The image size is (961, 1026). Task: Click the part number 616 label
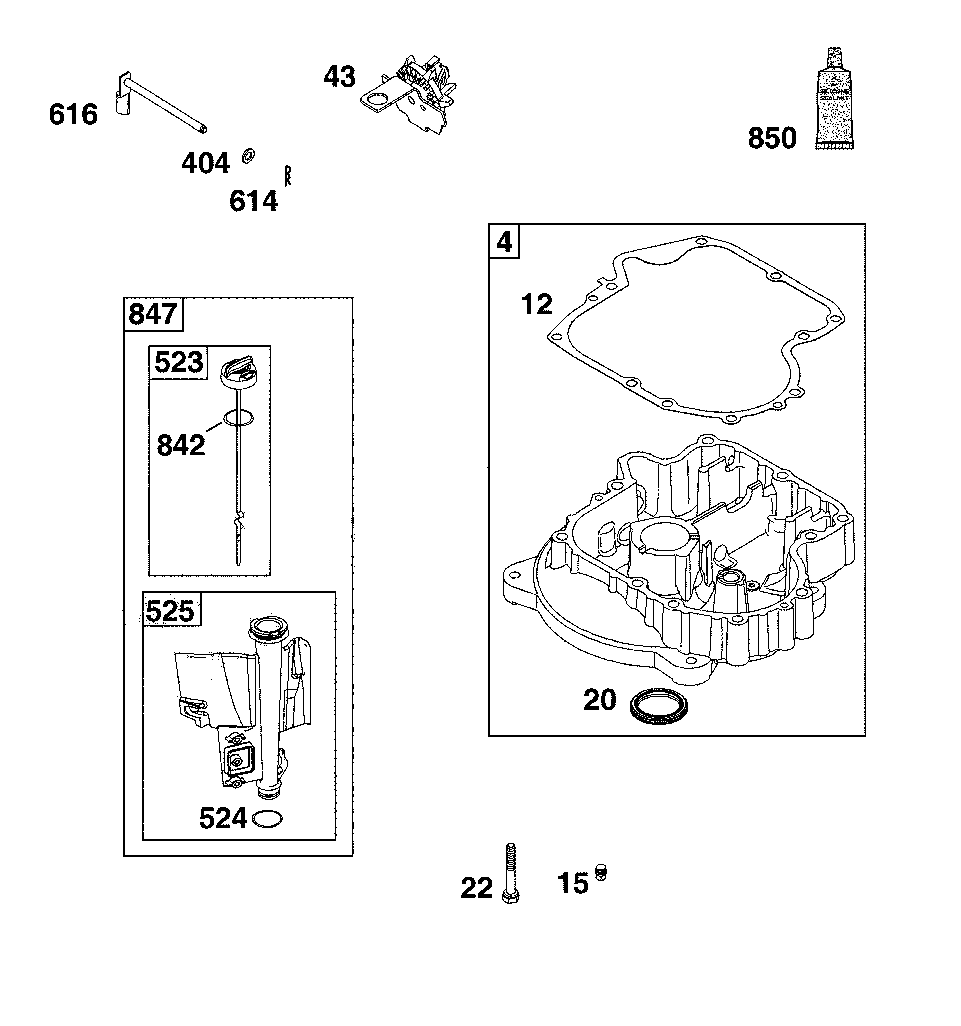click(x=73, y=114)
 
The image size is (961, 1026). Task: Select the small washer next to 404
click(x=248, y=156)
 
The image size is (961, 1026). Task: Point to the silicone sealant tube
click(x=835, y=99)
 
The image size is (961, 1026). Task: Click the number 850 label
click(x=772, y=138)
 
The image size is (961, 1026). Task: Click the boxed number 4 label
click(x=504, y=242)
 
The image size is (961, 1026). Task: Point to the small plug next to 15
click(x=601, y=872)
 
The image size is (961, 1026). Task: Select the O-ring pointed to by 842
click(x=238, y=418)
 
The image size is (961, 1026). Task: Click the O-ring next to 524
click(x=268, y=819)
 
